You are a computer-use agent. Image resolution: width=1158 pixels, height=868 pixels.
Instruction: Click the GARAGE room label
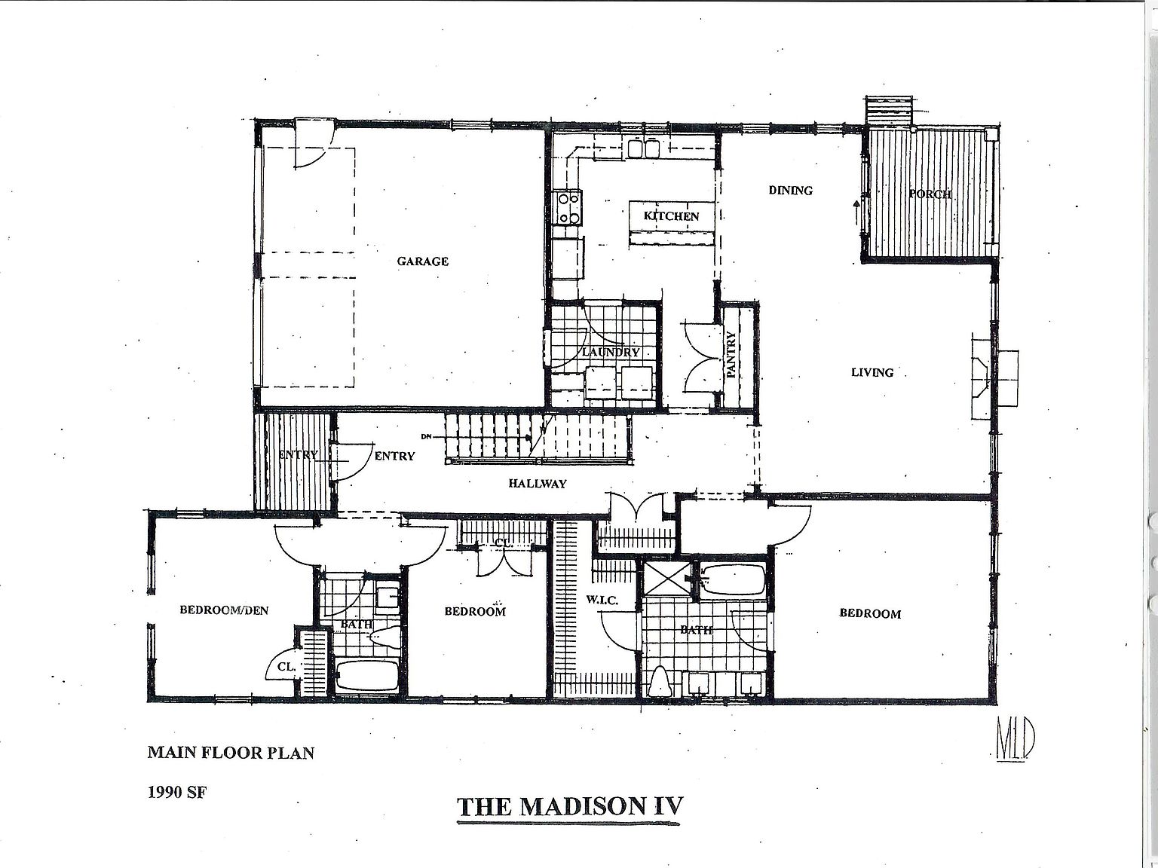(423, 261)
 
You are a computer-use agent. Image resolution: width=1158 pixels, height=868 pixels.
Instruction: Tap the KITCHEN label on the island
(671, 216)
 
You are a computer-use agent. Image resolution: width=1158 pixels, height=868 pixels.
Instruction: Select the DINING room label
(791, 191)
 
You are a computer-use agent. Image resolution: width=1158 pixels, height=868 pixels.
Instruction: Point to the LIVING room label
(872, 372)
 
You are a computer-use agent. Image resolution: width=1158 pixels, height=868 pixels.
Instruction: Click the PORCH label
(930, 194)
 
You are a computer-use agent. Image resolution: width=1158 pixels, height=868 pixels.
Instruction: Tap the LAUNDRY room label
(611, 352)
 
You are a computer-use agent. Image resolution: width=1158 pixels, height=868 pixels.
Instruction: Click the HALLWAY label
(537, 484)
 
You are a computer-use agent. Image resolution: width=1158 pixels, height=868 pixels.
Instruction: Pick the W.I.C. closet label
(602, 601)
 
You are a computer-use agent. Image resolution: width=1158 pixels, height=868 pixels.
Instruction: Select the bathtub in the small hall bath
(367, 676)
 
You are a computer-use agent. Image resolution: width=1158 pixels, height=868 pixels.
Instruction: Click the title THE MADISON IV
(570, 806)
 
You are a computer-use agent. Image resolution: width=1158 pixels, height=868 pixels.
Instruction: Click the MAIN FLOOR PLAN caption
(231, 752)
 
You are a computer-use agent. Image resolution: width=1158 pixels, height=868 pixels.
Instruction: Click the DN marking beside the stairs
(427, 436)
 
